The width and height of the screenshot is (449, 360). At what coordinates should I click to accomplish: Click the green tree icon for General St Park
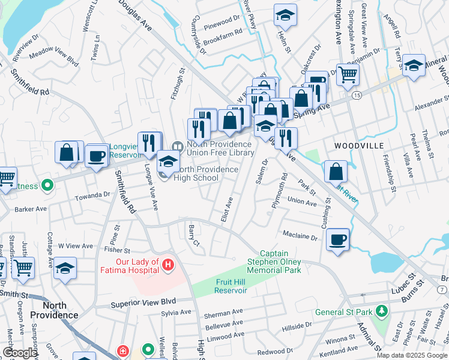[x=381, y=311]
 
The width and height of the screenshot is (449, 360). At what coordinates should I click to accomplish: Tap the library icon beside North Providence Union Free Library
[x=177, y=146]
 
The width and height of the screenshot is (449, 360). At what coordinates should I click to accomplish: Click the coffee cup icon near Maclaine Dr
[x=338, y=240]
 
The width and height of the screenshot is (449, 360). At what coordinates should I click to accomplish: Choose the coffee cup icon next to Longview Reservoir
[x=97, y=157]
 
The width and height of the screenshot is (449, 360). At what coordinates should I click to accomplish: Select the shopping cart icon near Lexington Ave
[x=348, y=75]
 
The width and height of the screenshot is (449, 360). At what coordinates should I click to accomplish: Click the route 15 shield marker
[x=357, y=95]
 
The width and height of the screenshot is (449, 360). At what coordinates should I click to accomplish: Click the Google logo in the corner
[x=20, y=353]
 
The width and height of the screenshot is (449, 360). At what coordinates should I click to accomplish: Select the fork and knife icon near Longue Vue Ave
[x=149, y=143]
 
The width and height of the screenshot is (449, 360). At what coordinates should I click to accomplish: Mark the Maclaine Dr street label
[x=298, y=237]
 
